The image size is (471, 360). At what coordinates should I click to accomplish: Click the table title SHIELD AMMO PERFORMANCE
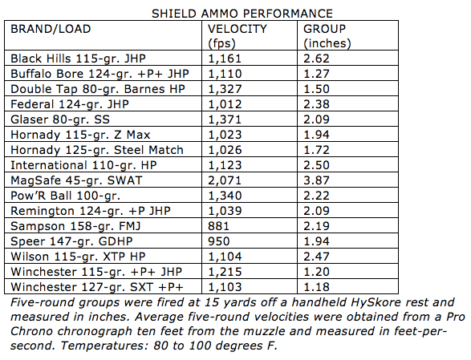[x=242, y=14]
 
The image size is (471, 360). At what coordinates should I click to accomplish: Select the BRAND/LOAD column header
[x=51, y=29]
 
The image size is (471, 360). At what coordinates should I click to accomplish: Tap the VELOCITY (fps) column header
[x=238, y=36]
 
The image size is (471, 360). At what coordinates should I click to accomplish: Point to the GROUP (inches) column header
[x=327, y=36]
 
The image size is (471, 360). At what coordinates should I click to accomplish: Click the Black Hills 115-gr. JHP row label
[x=78, y=59]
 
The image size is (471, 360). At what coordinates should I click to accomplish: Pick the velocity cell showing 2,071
[x=225, y=180]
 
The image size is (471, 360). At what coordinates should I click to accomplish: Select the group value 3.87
[x=316, y=180]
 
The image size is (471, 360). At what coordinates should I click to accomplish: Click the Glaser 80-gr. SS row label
[x=60, y=119]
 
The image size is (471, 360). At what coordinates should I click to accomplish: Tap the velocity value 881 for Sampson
[x=218, y=226]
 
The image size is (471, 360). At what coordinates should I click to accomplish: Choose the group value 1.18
[x=316, y=287]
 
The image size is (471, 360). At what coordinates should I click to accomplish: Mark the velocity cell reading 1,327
[x=225, y=89]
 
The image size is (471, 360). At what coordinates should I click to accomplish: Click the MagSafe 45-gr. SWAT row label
[x=76, y=180]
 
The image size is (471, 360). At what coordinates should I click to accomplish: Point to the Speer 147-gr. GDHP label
[x=71, y=241]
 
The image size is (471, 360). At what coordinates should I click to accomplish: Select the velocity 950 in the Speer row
[x=219, y=241]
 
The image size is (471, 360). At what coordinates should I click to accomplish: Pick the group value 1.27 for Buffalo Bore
[x=316, y=74]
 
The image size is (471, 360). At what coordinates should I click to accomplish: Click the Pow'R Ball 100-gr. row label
[x=66, y=196]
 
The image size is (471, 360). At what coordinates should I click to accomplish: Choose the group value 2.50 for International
[x=316, y=165]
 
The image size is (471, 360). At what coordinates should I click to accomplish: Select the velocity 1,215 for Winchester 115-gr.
[x=225, y=272]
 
